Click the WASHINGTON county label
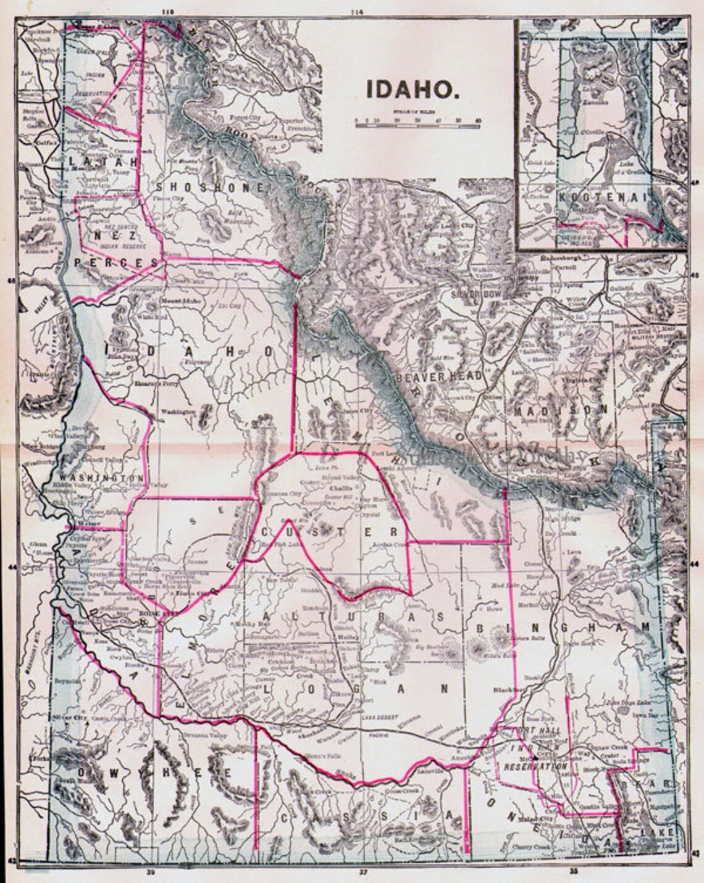coord(101,478)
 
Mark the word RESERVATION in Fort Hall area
coord(535,766)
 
